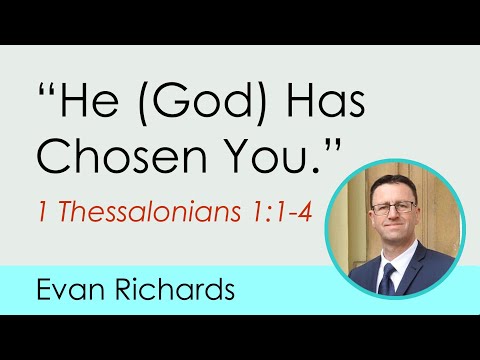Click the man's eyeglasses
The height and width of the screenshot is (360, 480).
pos(394,207)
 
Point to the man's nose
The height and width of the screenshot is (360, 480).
pos(393,214)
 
